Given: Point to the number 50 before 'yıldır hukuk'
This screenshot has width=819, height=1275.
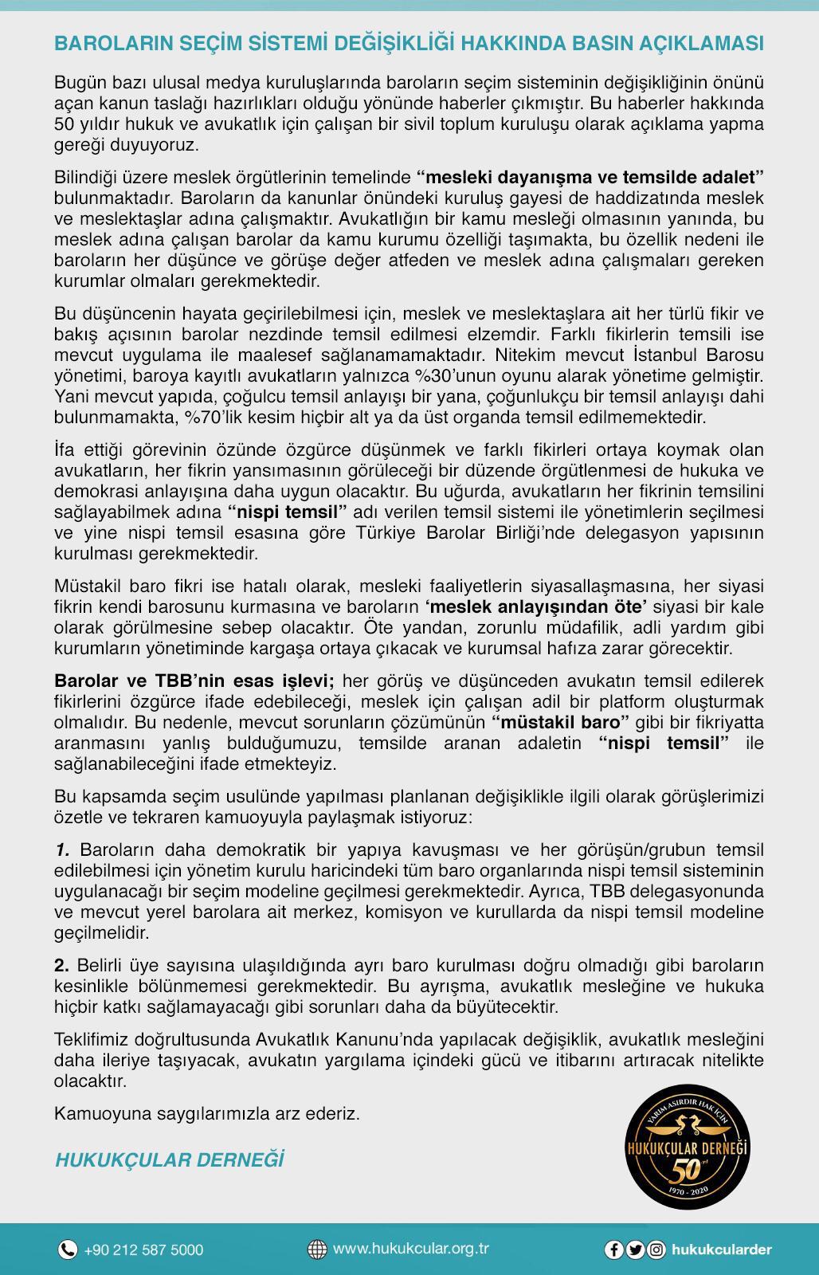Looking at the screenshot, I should tap(64, 124).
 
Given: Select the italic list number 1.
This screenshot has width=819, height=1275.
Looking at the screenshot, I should tap(63, 849).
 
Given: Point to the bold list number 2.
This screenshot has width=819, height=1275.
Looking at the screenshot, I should tap(62, 965).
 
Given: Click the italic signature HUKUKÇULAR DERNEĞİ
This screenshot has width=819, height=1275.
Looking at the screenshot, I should tap(169, 1160).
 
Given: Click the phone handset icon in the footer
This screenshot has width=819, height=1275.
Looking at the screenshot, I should tap(68, 1249).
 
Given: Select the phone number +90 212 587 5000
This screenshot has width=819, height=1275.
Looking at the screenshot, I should tap(143, 1249).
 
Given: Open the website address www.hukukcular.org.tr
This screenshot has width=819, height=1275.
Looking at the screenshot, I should tap(410, 1249).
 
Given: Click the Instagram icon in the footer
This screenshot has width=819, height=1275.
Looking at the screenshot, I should tap(656, 1249).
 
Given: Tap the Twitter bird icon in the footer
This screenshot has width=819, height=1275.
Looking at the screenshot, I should tap(635, 1249).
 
